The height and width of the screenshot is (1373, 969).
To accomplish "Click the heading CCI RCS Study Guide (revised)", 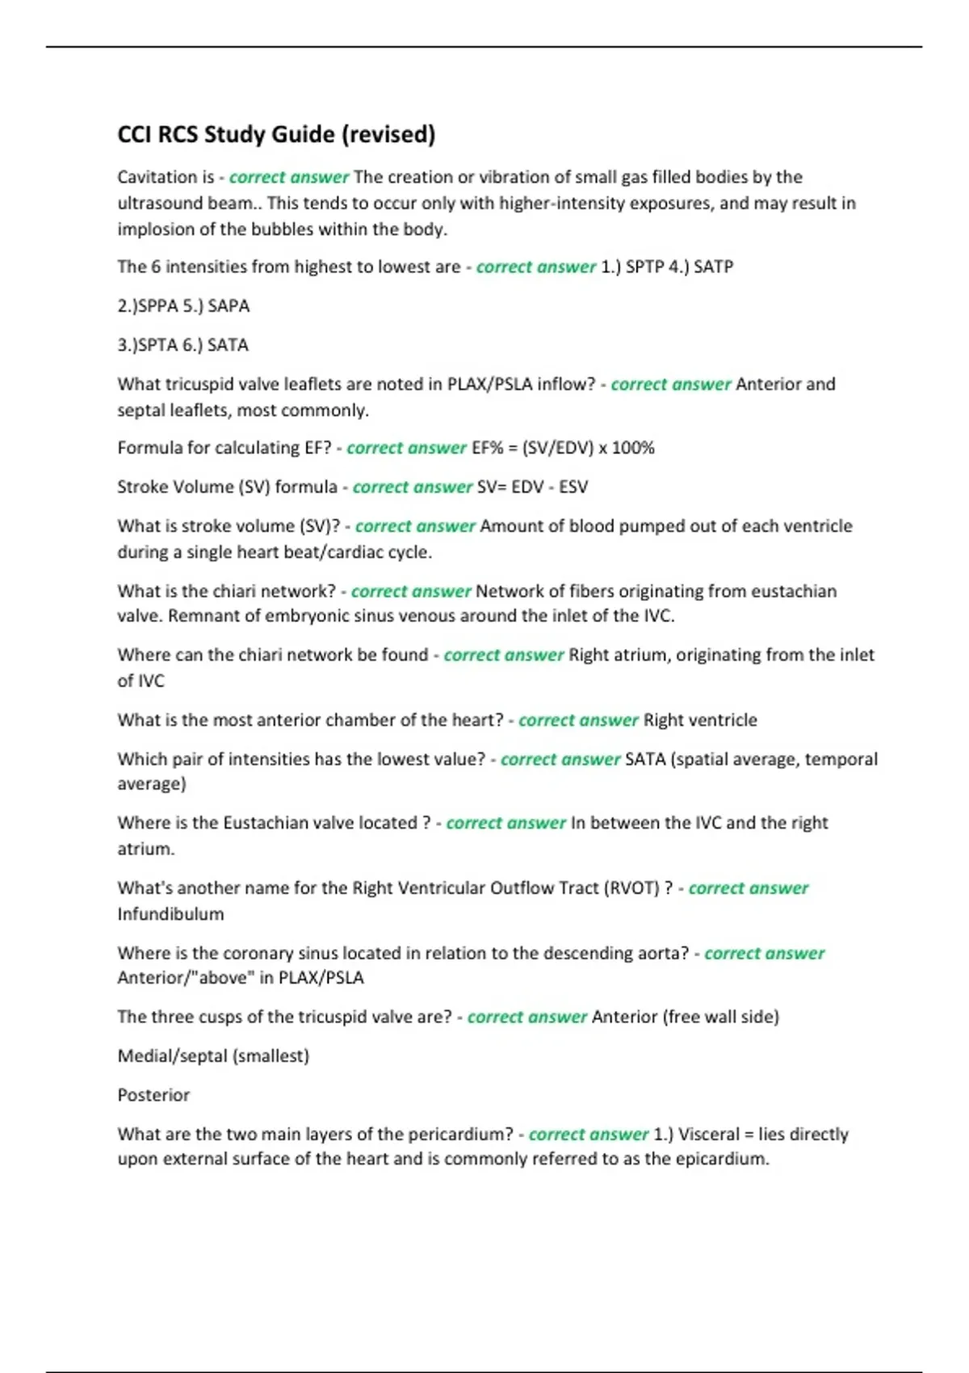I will tap(276, 134).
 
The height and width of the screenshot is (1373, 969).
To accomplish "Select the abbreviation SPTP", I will tap(644, 267).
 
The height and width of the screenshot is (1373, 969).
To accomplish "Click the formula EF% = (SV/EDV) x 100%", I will tap(563, 447).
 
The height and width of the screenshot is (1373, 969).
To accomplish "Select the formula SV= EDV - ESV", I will tap(532, 487).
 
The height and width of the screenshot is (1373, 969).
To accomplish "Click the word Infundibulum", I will tap(170, 914).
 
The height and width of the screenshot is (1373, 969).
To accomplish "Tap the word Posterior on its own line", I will tap(153, 1095).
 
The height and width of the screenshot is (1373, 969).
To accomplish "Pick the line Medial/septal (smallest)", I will tap(213, 1056).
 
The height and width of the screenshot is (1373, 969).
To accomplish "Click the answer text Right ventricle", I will tap(700, 720).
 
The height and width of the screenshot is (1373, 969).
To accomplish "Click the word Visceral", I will tap(708, 1134).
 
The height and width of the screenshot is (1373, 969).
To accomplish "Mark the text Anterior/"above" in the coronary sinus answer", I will tap(185, 978).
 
